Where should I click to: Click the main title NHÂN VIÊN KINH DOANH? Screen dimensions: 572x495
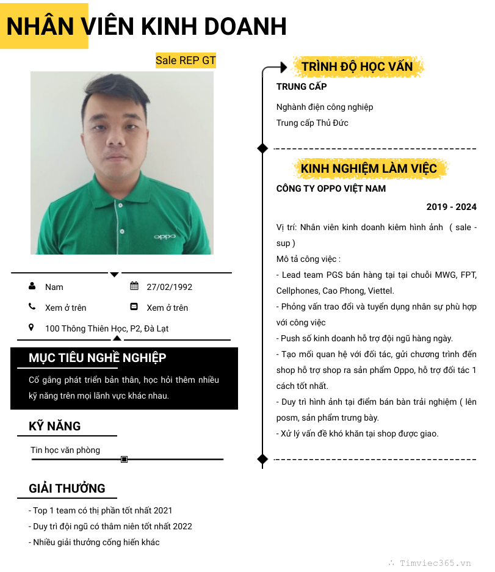(146, 26)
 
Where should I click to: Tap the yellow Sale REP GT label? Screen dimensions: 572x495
(186, 60)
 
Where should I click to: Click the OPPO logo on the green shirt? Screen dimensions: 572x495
(164, 236)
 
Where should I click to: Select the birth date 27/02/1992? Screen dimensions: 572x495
(169, 287)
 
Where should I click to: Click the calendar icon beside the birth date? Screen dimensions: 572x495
(134, 286)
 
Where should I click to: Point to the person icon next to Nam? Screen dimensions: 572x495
(32, 286)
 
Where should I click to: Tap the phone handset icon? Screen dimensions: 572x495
(32, 307)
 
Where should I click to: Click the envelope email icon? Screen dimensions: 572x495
(134, 307)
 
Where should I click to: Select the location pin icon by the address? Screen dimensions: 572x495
(32, 328)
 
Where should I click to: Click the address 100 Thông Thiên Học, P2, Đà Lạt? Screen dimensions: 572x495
(107, 328)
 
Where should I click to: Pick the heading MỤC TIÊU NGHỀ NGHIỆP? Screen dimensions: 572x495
(97, 358)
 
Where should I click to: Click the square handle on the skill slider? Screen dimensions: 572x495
(125, 459)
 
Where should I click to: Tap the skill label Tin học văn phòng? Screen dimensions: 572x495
(65, 450)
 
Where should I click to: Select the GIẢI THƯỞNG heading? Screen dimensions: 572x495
(67, 488)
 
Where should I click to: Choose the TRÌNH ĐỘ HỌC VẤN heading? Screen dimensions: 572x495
(357, 67)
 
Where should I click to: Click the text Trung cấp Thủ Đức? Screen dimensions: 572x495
(312, 123)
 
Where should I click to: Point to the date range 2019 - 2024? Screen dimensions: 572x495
(451, 207)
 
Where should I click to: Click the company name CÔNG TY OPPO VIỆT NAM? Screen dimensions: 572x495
(331, 189)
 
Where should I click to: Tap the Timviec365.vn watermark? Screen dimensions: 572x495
(435, 563)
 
